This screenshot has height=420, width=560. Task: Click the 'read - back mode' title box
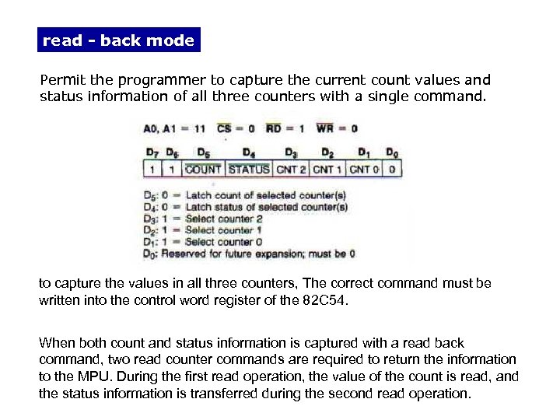(x=118, y=40)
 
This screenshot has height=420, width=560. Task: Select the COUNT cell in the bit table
(x=203, y=169)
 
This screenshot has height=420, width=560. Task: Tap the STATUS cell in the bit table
(x=249, y=169)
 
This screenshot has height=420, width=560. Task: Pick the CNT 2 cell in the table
(x=292, y=169)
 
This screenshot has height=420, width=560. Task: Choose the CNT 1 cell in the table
(x=327, y=169)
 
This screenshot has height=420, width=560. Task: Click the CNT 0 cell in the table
(x=364, y=169)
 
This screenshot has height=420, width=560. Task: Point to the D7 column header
(x=152, y=152)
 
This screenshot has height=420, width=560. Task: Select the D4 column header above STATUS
(x=249, y=152)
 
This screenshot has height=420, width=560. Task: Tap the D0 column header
(x=393, y=152)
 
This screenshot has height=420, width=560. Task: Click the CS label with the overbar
(x=224, y=128)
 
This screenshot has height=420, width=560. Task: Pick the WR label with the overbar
(x=325, y=128)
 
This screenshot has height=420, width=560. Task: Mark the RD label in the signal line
(x=275, y=128)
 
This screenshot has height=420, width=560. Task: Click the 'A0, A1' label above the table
(x=162, y=128)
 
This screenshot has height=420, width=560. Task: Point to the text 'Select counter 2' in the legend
(x=224, y=219)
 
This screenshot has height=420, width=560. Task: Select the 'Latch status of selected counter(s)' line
(x=266, y=208)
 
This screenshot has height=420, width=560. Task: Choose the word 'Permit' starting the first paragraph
(x=57, y=80)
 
